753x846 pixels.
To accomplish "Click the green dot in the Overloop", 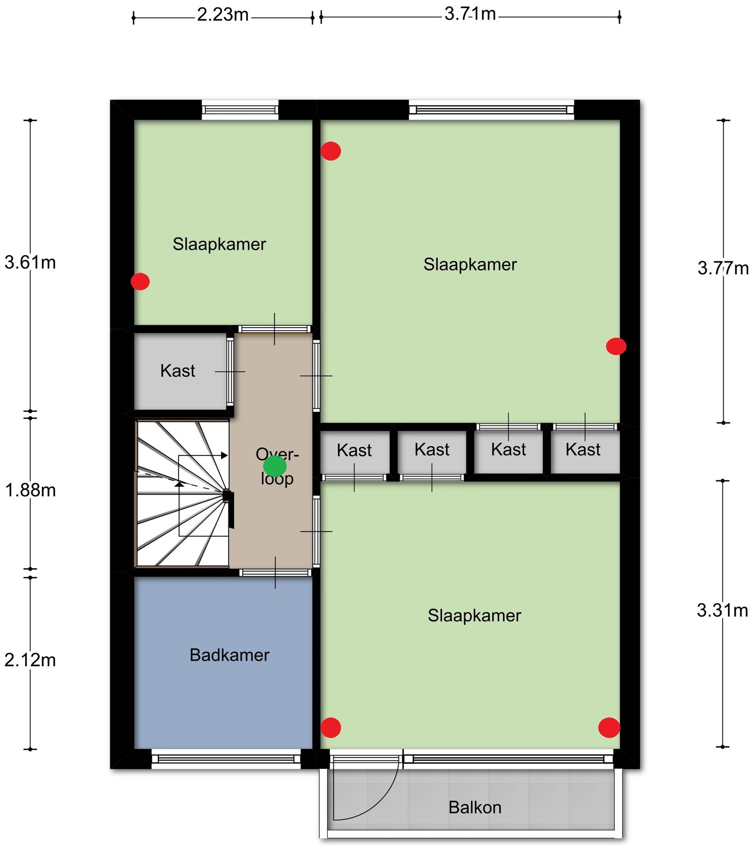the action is pyautogui.click(x=275, y=466).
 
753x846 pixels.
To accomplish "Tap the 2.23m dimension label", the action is pyautogui.click(x=223, y=15).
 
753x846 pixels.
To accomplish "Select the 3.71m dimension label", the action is pyautogui.click(x=470, y=14).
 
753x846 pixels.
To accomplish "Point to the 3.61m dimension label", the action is pyautogui.click(x=30, y=263).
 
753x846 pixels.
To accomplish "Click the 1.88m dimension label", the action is pyautogui.click(x=30, y=490).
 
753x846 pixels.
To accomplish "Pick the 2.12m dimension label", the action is pyautogui.click(x=30, y=660).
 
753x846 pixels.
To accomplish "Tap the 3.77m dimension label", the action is pyautogui.click(x=723, y=268).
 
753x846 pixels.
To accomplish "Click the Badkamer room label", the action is pyautogui.click(x=230, y=655).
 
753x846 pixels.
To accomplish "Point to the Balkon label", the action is pyautogui.click(x=475, y=807).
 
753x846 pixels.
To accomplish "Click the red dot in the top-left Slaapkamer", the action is pyautogui.click(x=140, y=281).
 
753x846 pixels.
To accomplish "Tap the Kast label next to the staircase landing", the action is pyautogui.click(x=178, y=371).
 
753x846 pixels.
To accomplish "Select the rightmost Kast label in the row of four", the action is pyautogui.click(x=583, y=449).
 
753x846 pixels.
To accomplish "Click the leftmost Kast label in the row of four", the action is pyautogui.click(x=354, y=450).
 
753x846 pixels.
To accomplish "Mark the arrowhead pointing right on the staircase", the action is pyautogui.click(x=224, y=455).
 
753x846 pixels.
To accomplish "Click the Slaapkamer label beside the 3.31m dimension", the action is pyautogui.click(x=474, y=615).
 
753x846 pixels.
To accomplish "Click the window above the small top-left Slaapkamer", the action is pyautogui.click(x=240, y=110).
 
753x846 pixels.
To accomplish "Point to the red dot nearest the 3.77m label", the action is pyautogui.click(x=616, y=346).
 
